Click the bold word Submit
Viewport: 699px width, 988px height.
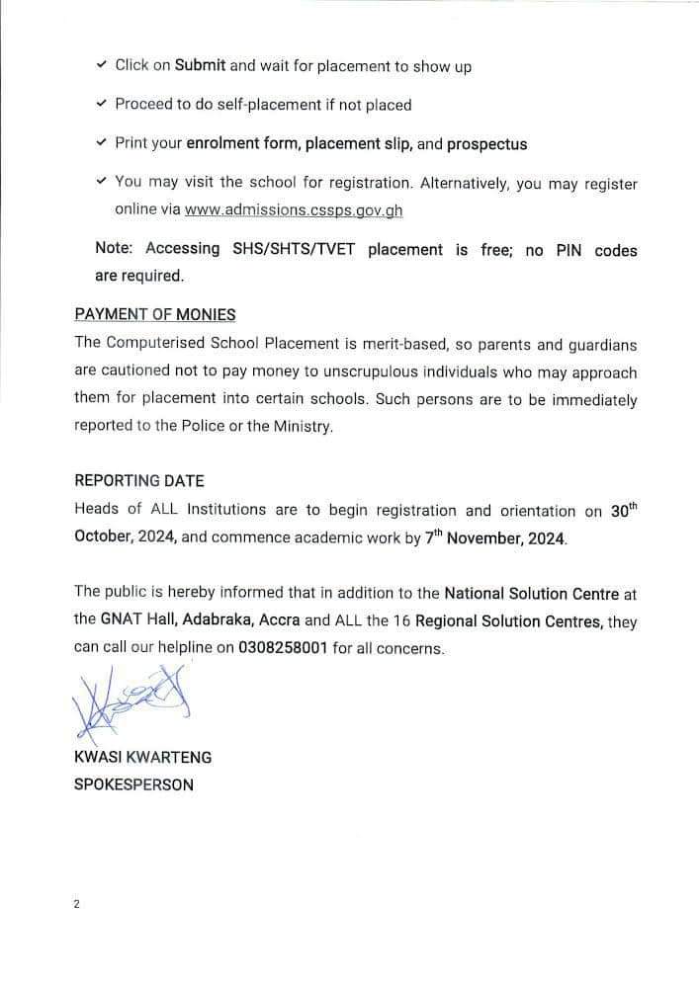pyautogui.click(x=200, y=65)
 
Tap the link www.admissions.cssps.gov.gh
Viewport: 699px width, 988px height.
pyautogui.click(x=294, y=210)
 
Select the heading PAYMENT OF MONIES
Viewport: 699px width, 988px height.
pyautogui.click(x=155, y=314)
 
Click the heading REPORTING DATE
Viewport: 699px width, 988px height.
pyautogui.click(x=139, y=481)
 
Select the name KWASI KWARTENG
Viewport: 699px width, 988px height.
pyautogui.click(x=142, y=758)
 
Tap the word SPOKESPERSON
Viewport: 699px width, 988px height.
pyautogui.click(x=133, y=785)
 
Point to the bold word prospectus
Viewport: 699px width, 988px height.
pyautogui.click(x=486, y=144)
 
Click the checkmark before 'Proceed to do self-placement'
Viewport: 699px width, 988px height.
pyautogui.click(x=102, y=104)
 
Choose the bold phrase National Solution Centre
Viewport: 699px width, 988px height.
pyautogui.click(x=532, y=594)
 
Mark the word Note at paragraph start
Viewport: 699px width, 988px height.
pyautogui.click(x=113, y=250)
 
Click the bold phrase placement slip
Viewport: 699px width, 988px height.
pyautogui.click(x=359, y=144)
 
